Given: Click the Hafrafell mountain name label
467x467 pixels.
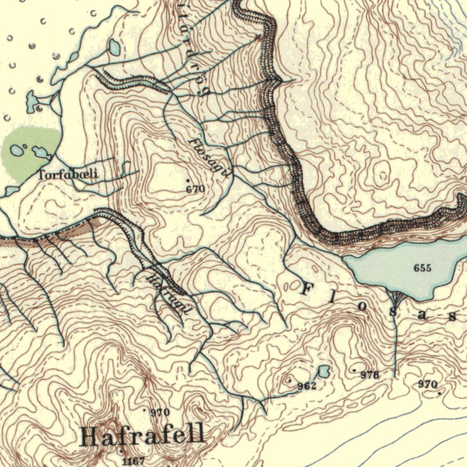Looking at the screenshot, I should tap(142, 435).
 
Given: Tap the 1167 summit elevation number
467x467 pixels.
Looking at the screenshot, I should tap(133, 462).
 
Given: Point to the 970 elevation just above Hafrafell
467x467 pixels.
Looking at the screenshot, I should tap(160, 412).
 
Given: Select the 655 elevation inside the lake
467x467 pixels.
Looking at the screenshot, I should tap(422, 268).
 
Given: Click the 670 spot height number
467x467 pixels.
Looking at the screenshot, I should tap(195, 189).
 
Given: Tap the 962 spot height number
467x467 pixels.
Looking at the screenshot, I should tap(306, 386).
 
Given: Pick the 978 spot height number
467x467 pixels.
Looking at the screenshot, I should tap(370, 375).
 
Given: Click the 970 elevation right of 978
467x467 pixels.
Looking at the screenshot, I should tap(427, 384).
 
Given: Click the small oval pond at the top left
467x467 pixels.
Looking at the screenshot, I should tap(114, 47).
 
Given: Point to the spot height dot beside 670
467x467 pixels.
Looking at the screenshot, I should tap(188, 181).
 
